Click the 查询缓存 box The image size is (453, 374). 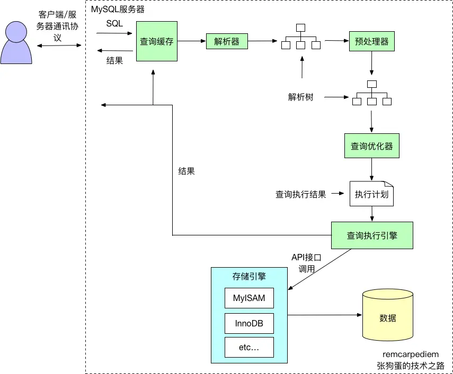coord(156,41)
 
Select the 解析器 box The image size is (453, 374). coord(227,41)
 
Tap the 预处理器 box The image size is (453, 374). coord(371,41)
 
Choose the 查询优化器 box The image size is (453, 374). coord(371,146)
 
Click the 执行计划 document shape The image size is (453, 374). coord(371,194)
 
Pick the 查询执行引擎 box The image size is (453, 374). coord(371,235)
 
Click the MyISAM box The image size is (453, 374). coord(249,298)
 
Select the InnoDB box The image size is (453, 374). coord(249,323)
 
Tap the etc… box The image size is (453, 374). coord(249,348)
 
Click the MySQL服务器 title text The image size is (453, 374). coord(118,10)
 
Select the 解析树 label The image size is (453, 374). coord(300,97)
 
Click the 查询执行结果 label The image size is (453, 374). coord(300,194)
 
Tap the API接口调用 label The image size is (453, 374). coord(306,263)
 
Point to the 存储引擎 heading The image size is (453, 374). coord(249,276)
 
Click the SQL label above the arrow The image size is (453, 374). coord(114,23)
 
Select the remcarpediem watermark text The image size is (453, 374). coord(410,354)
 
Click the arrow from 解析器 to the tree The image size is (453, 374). coord(262,41)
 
